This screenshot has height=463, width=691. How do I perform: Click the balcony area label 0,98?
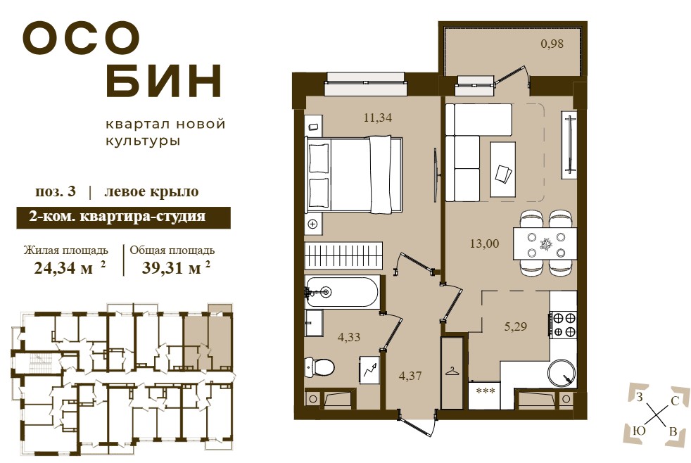552,44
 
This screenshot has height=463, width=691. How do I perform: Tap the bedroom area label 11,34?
378,118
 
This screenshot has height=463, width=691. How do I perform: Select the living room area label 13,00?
484,243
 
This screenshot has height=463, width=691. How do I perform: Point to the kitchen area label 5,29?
515,326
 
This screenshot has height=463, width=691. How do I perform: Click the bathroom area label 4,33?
348,338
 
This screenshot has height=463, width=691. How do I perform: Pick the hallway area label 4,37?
410,376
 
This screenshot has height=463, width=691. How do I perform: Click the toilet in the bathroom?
319,366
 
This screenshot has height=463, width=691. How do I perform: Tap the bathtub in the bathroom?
341,291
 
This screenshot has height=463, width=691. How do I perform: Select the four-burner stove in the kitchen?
563,324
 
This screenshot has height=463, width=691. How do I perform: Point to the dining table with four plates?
545,243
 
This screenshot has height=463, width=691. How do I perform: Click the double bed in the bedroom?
354,175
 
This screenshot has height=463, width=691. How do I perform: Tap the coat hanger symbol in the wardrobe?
452,372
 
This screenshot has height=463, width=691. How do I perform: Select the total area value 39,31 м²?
176,267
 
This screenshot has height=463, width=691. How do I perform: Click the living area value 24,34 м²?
70,267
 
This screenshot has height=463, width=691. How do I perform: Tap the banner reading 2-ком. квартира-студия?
123,217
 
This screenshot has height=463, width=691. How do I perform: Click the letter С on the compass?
674,400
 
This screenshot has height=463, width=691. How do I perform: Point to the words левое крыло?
151,191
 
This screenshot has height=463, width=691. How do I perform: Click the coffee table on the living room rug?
503,169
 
